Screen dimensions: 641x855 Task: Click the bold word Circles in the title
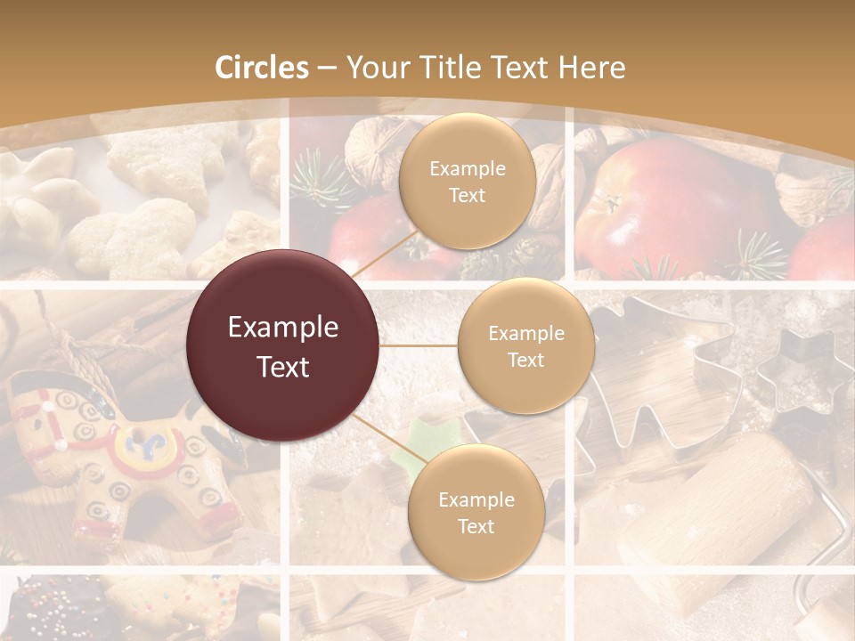coord(261,68)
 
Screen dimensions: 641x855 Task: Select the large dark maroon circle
coord(282,345)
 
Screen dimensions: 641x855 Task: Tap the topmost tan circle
coord(467,182)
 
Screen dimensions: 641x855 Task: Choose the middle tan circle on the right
coord(525,345)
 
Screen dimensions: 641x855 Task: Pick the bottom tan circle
coord(476,512)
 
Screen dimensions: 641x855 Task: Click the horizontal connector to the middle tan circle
coord(419,345)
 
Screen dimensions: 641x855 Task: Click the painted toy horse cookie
coord(116,454)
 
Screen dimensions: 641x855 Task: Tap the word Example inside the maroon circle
coord(282,328)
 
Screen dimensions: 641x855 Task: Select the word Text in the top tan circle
coord(467,196)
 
